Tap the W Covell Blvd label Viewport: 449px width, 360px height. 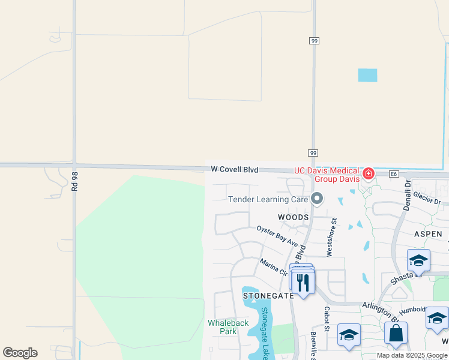tap(235, 170)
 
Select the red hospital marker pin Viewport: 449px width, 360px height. tap(368, 175)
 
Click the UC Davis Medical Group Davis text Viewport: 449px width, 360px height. tap(327, 175)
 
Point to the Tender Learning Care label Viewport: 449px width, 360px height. tap(268, 199)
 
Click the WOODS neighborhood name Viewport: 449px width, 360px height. tap(293, 217)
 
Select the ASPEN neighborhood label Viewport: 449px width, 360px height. tap(427, 234)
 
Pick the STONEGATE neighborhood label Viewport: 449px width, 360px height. tap(268, 296)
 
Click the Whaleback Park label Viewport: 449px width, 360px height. tap(228, 327)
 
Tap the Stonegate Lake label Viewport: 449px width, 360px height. tap(264, 333)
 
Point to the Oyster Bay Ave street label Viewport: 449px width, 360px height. tap(277, 236)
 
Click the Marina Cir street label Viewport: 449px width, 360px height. tap(274, 267)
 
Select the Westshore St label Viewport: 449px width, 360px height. tap(330, 238)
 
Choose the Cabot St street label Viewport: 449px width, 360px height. tap(327, 319)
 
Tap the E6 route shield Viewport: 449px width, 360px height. tap(394, 174)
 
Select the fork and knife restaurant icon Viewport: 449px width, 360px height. tap(303, 282)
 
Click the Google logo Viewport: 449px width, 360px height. tap(20, 353)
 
